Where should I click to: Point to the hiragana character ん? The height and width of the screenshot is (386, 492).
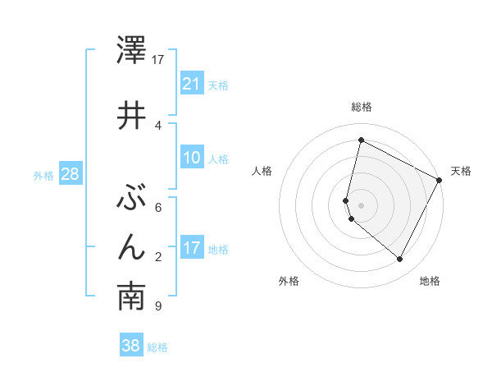tap(131, 246)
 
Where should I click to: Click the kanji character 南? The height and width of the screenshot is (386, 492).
tap(131, 296)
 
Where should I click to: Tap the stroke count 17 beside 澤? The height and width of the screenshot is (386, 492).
tap(158, 60)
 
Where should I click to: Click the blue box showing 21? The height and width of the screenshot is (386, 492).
tap(192, 84)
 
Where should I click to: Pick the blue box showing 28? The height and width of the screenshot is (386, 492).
tap(70, 174)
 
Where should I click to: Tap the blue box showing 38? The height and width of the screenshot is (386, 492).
tap(131, 346)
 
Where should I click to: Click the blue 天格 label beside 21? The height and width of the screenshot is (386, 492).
tap(218, 85)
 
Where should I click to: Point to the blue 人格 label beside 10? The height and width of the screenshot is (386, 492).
tap(218, 159)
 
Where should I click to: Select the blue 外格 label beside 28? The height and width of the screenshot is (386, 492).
tap(43, 175)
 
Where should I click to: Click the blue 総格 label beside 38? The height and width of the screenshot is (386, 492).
tap(157, 347)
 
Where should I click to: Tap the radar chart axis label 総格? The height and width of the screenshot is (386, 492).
tap(361, 107)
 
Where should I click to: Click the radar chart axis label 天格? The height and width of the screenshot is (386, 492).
tap(461, 171)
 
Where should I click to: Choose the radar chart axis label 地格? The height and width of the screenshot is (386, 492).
tap(430, 281)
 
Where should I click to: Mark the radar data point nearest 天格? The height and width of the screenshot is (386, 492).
tap(440, 180)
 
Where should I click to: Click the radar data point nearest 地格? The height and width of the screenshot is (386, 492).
tap(399, 259)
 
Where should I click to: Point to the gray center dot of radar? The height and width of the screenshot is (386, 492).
tap(361, 204)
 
